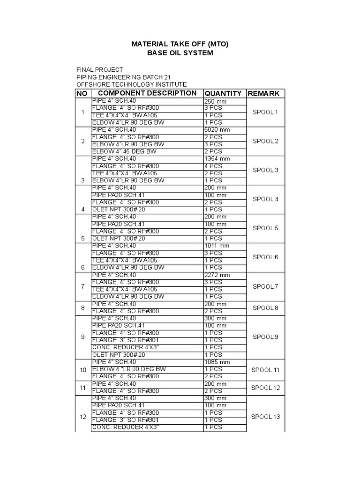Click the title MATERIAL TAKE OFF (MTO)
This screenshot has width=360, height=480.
180,44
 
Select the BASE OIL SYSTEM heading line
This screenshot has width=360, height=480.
180,53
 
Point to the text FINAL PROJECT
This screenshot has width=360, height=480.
99,69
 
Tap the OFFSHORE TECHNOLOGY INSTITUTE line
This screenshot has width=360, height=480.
131,84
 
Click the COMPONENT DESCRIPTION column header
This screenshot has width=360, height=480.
144,93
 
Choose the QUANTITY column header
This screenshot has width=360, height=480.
223,93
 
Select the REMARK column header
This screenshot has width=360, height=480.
263,93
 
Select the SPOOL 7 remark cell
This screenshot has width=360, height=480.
265,286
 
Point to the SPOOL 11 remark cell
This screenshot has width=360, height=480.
265,369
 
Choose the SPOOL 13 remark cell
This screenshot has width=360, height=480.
265,416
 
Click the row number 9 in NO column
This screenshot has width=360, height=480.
82,337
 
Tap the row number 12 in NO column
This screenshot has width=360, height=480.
82,416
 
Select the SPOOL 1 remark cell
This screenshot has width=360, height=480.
265,112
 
